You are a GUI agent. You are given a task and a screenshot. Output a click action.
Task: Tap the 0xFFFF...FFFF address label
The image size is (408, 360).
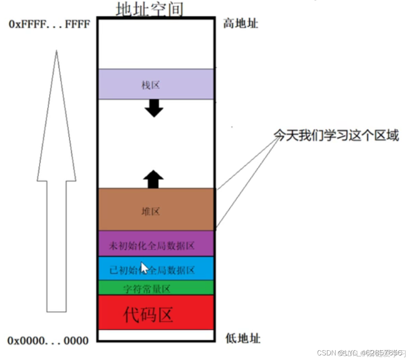(49, 24)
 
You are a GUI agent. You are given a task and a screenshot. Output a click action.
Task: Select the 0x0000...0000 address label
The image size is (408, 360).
(48, 340)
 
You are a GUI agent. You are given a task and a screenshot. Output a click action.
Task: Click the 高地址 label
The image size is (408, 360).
(241, 24)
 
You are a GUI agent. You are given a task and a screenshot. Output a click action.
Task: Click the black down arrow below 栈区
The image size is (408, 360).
(154, 108)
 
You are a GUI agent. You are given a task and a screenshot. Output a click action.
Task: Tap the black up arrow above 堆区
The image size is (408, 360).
(153, 178)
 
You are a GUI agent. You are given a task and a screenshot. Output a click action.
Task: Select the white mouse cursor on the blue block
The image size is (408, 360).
(144, 267)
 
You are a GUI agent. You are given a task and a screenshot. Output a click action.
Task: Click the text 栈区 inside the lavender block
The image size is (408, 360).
(150, 85)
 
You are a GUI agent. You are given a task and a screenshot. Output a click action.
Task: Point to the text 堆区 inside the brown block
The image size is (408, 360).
(150, 211)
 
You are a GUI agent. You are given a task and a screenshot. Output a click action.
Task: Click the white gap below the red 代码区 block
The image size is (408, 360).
(156, 335)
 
